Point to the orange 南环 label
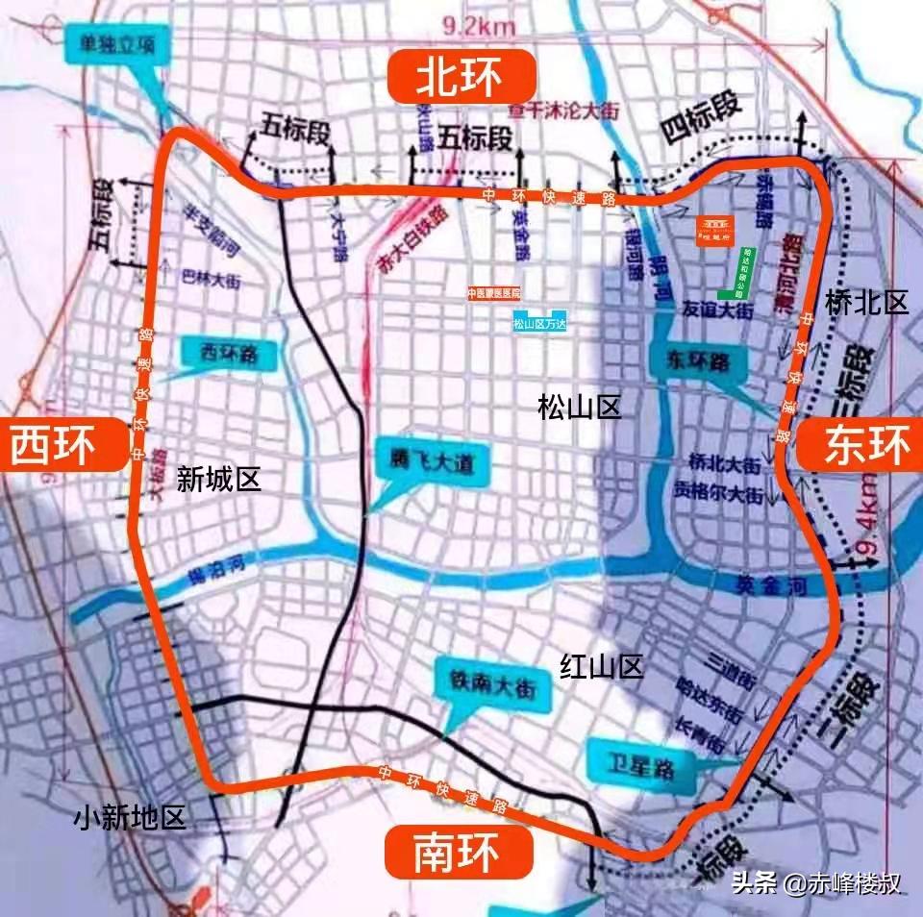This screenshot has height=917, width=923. click(x=459, y=852)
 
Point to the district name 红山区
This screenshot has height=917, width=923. click(x=602, y=666)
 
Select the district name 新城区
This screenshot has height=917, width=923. click(x=219, y=479)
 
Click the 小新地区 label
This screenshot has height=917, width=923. click(x=130, y=818)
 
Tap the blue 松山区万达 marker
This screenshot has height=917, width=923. click(x=539, y=325)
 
